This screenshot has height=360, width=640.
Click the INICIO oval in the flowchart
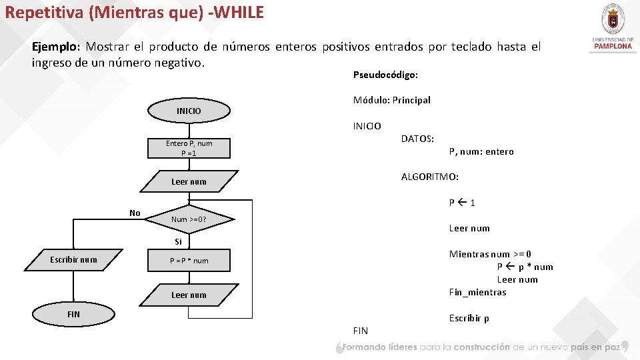pyautogui.click(x=189, y=111)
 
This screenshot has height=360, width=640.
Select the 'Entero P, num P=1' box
pyautogui.click(x=189, y=148)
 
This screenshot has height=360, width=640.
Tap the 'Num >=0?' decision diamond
pyautogui.click(x=189, y=219)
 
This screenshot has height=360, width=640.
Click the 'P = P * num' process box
pyautogui.click(x=189, y=261)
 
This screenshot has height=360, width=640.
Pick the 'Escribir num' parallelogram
pyautogui.click(x=74, y=259)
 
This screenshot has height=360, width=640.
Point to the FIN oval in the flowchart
pyautogui.click(x=73, y=314)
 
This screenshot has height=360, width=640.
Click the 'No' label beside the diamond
pyautogui.click(x=135, y=213)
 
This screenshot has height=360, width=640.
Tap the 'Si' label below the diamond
pyautogui.click(x=179, y=241)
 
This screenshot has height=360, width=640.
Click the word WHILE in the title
pyautogui.click(x=239, y=12)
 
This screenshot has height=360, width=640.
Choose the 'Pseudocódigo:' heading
pyautogui.click(x=385, y=75)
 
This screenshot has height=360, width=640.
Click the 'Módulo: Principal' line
pyautogui.click(x=391, y=100)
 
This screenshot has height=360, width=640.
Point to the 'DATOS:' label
pyautogui.click(x=417, y=139)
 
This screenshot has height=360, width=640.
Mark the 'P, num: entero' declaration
pyautogui.click(x=481, y=151)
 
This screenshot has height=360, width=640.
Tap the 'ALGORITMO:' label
pyautogui.click(x=429, y=177)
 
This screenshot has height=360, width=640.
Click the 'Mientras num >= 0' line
pyautogui.click(x=490, y=254)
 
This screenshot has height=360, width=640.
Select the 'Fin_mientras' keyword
pyautogui.click(x=477, y=292)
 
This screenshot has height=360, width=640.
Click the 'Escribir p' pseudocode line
pyautogui.click(x=469, y=318)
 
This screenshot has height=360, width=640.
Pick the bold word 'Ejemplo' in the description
pyautogui.click(x=55, y=47)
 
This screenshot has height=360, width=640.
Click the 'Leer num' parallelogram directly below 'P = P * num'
pyautogui.click(x=189, y=295)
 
